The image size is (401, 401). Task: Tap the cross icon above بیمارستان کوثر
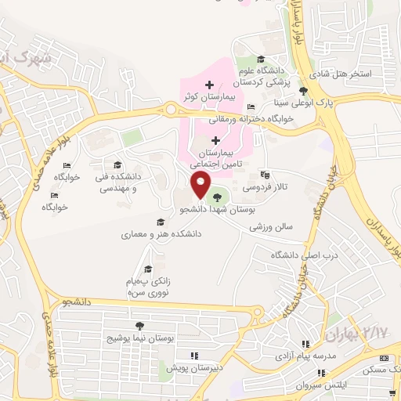pos(208,84)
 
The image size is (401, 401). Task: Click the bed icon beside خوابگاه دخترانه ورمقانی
pos(251,107)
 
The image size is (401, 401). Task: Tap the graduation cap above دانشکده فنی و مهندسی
pos(117,164)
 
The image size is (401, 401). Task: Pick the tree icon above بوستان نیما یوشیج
pos(139,326)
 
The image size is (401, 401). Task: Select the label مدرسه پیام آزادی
pos(303,356)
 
